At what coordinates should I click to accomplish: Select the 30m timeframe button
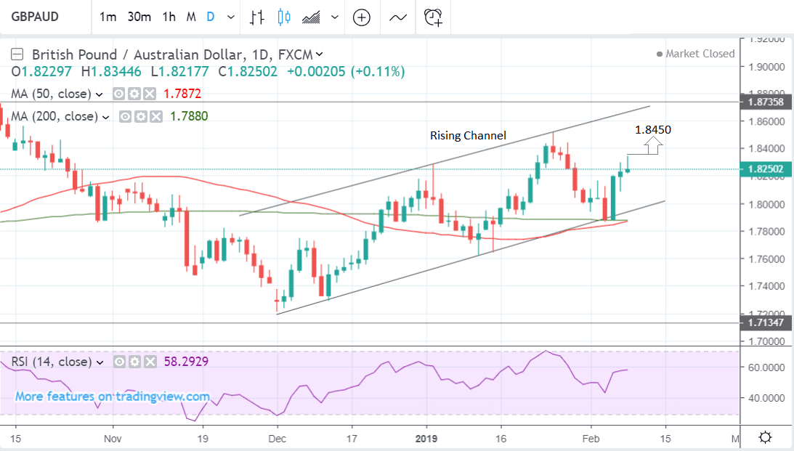point(139,17)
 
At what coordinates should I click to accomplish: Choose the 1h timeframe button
point(169,17)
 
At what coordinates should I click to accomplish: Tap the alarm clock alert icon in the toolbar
point(434,17)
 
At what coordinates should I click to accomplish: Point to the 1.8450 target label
point(652,130)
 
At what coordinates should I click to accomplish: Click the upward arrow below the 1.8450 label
point(652,147)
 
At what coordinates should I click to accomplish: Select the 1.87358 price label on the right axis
point(763,102)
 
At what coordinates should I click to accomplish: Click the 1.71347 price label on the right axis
point(763,322)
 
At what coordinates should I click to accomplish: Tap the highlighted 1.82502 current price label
point(763,169)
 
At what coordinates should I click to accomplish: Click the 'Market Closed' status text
point(700,54)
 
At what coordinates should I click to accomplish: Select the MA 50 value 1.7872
point(182,94)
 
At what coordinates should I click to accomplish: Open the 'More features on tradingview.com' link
point(113,397)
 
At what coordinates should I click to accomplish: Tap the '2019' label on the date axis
point(427,439)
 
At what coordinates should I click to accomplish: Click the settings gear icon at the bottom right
point(764,438)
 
